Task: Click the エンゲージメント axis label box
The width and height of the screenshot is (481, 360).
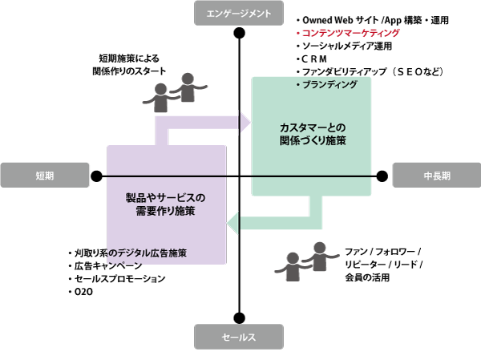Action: point(240,13)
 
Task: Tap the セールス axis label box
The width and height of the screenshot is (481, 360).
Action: point(240,338)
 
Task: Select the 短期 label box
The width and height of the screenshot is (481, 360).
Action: point(45,176)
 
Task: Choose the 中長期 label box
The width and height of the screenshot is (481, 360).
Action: point(436,176)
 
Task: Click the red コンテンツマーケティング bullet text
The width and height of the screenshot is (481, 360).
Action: point(350,34)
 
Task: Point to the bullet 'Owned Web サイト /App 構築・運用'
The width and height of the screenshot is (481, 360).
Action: point(372,19)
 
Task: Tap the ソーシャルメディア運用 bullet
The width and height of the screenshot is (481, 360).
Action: point(346,47)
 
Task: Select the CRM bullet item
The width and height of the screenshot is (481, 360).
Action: point(316,59)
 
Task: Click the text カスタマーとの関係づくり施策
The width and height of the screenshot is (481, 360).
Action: point(313,134)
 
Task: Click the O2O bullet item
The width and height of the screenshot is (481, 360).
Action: point(83,292)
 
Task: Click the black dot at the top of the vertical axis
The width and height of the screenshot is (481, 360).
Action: point(240,34)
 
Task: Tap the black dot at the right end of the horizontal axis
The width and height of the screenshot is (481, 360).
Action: point(382,176)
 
